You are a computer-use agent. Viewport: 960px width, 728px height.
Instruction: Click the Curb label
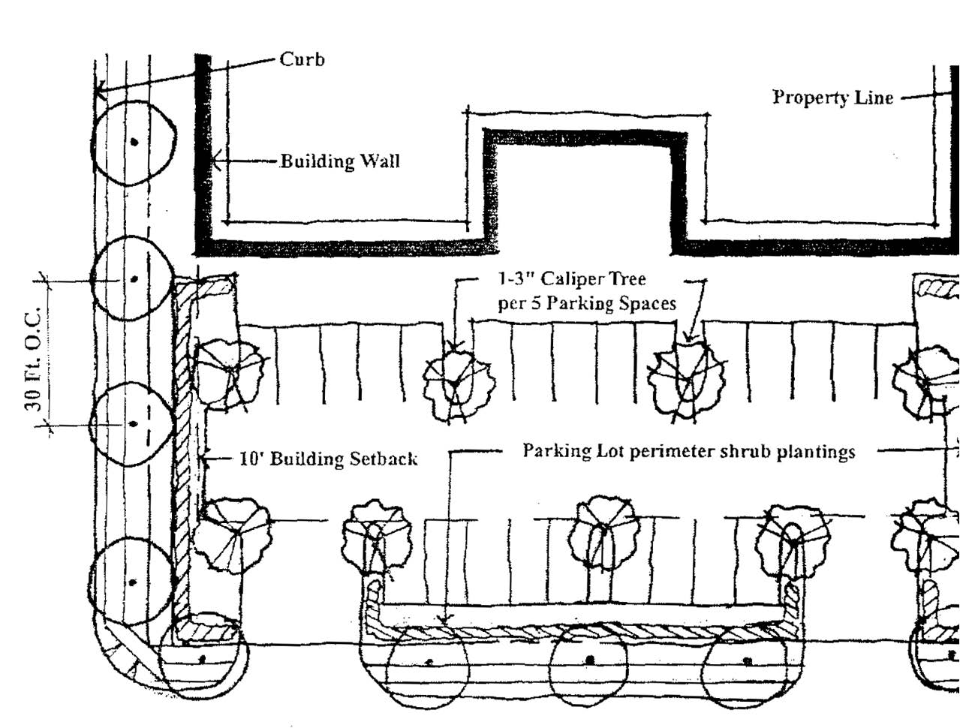tap(302, 59)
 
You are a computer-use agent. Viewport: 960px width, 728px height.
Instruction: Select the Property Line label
tap(832, 98)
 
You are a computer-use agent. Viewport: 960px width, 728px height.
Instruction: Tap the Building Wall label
tap(339, 161)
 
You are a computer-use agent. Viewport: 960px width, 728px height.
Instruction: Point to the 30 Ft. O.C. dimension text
tap(33, 353)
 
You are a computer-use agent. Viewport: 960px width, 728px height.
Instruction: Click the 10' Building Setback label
tap(327, 459)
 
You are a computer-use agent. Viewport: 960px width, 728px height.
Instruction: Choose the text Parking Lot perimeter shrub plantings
tap(688, 451)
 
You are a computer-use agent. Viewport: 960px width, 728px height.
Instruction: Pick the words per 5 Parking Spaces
tap(586, 303)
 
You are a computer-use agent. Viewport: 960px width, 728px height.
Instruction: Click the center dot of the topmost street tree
tap(134, 141)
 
